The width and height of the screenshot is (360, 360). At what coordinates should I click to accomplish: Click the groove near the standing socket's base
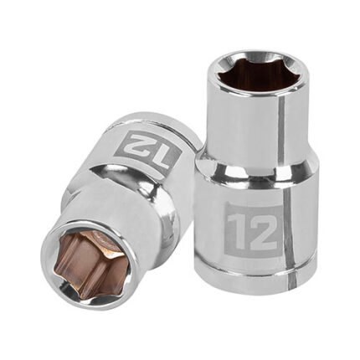pos(257,270)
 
